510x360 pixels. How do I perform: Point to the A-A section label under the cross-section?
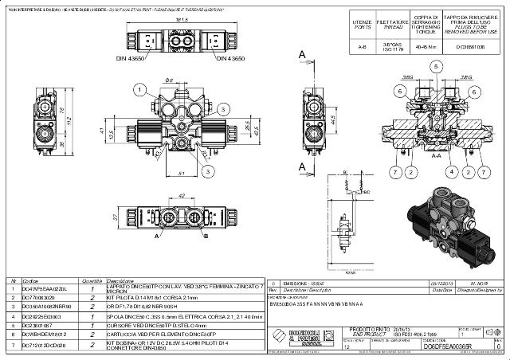click(434, 158)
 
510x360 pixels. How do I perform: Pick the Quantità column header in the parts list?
click(92, 280)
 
